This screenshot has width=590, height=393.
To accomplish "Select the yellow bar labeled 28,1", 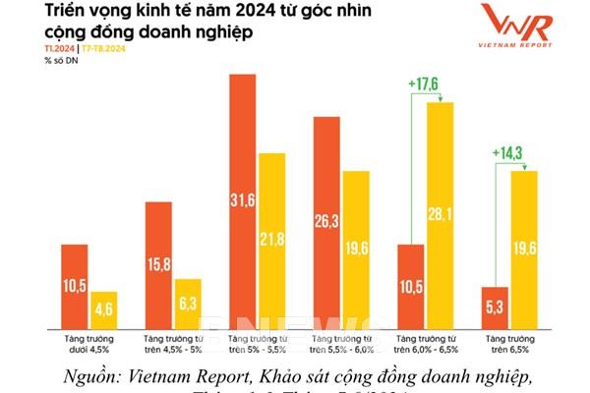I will point(440,215).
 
